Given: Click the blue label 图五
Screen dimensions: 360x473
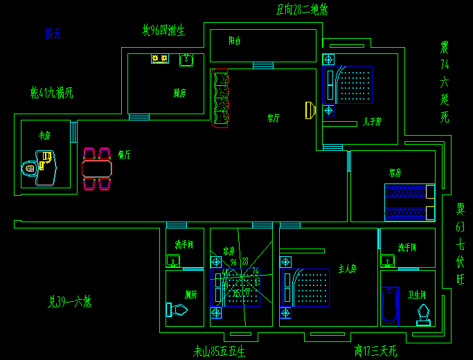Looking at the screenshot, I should click(53, 33).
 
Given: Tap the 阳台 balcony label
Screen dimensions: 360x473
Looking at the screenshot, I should click(235, 41).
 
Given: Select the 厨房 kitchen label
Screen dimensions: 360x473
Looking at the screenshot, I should click(179, 92).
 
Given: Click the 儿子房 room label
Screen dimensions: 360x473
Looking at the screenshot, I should click(372, 122).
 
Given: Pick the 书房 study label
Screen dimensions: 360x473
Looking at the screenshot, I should click(45, 136).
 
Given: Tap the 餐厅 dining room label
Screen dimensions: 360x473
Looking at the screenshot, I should click(125, 154).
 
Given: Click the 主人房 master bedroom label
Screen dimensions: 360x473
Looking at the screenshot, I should click(347, 268).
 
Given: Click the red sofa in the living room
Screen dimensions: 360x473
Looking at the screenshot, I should click(220, 98).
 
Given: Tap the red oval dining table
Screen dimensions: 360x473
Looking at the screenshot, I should click(96, 168).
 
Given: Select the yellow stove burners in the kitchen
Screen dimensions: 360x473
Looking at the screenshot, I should click(160, 59).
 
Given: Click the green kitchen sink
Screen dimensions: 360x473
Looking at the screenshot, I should click(186, 60).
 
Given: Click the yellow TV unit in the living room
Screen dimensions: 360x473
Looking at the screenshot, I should click(310, 110).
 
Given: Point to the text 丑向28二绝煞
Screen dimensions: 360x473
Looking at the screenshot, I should click(302, 10).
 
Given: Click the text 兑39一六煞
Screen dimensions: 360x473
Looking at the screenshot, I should click(70, 301).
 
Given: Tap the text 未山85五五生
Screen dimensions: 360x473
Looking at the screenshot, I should click(220, 351).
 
